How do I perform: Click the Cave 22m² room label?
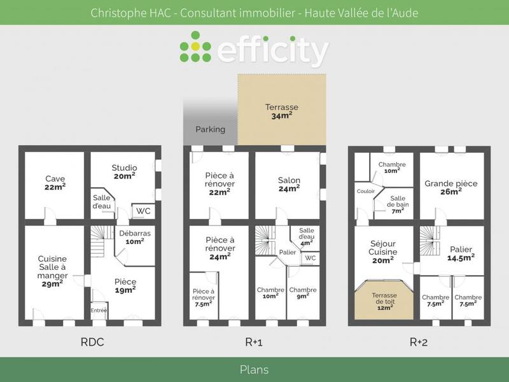(x=55, y=182)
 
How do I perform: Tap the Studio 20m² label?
(x=124, y=171)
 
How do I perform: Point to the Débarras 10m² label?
(x=135, y=237)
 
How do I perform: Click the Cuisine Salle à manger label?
(x=52, y=271)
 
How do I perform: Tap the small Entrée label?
(x=99, y=310)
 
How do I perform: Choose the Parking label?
(x=210, y=129)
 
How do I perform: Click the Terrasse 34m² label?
(x=282, y=111)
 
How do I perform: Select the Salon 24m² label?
(x=289, y=184)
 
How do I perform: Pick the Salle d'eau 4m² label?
(x=307, y=236)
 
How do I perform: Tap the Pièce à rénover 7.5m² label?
(x=204, y=297)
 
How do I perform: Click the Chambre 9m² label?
(x=303, y=294)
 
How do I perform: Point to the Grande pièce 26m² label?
(x=451, y=187)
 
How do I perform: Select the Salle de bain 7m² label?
(x=398, y=204)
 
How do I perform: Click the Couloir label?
(x=366, y=191)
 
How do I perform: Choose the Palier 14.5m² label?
(x=460, y=253)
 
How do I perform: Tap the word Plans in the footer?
(x=254, y=369)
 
